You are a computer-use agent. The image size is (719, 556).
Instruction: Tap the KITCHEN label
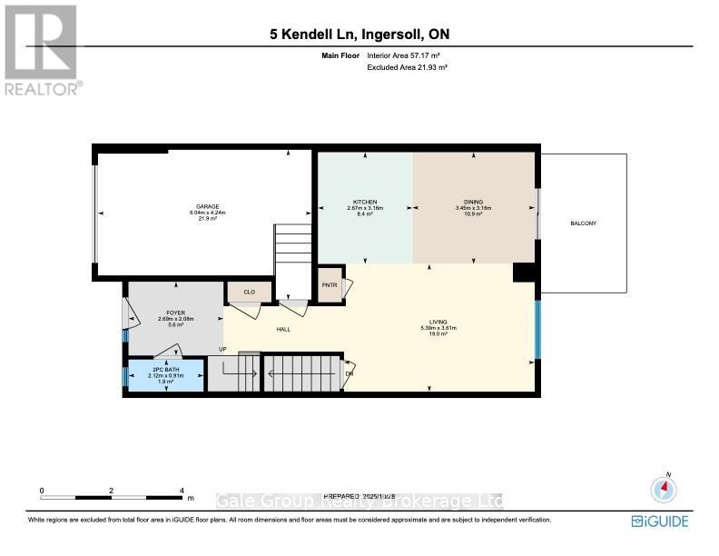click(365, 202)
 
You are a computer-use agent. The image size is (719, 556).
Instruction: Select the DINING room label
click(473, 202)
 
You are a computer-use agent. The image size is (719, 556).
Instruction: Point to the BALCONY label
click(583, 223)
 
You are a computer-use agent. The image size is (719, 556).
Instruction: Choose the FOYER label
click(175, 313)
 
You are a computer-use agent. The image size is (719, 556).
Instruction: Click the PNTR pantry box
click(329, 285)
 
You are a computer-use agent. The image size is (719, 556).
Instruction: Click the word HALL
click(283, 330)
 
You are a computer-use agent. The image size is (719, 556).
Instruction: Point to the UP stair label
click(221, 350)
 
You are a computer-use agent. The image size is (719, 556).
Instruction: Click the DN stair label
click(350, 372)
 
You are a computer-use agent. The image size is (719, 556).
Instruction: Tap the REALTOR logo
click(41, 50)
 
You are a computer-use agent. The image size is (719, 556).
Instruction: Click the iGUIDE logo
click(660, 521)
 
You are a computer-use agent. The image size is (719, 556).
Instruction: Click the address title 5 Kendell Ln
click(359, 35)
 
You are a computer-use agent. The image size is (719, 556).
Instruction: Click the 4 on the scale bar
click(182, 491)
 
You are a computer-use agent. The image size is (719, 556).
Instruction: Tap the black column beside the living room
click(524, 273)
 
